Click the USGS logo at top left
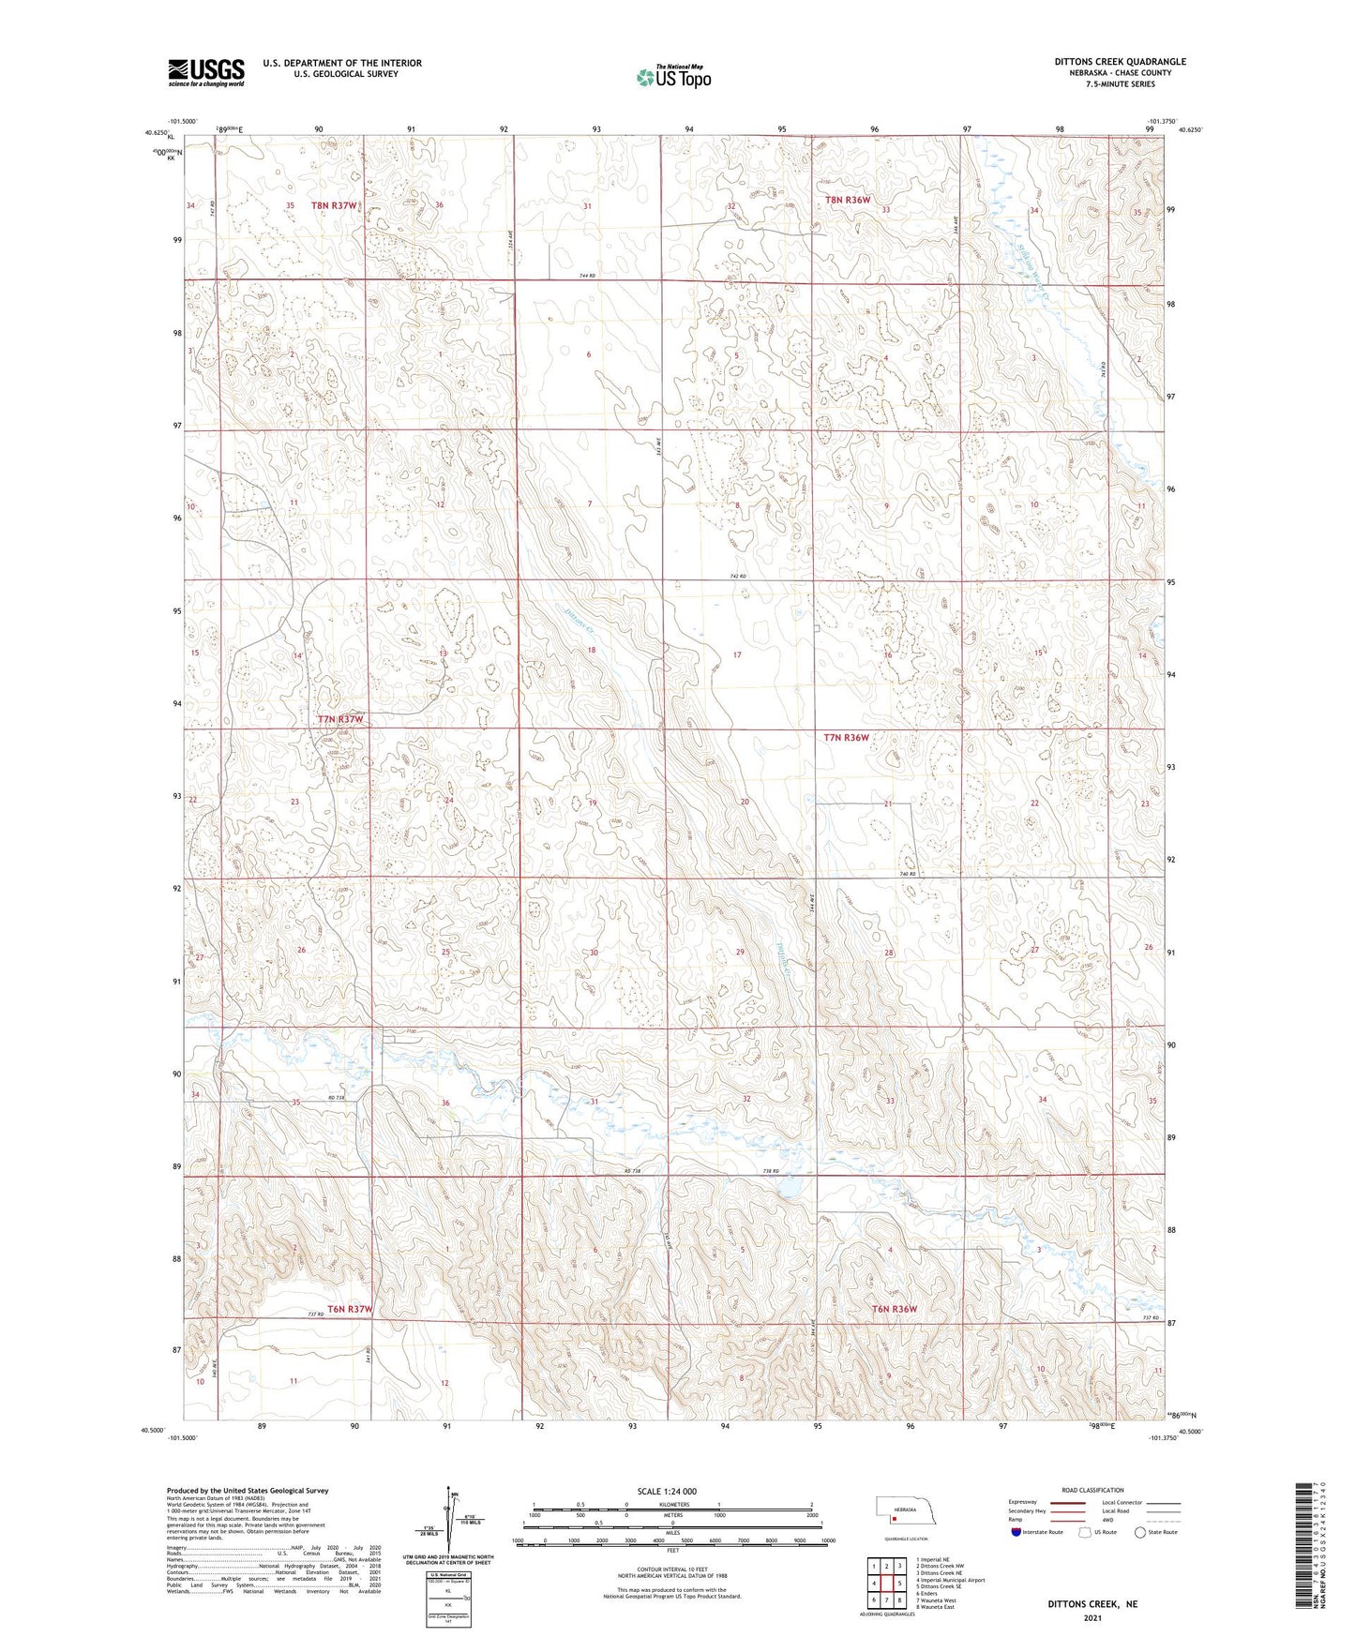pyautogui.click(x=205, y=72)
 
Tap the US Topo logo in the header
pyautogui.click(x=672, y=76)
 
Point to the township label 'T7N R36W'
pyautogui.click(x=847, y=738)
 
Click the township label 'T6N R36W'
pyautogui.click(x=894, y=1309)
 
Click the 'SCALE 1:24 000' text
pyautogui.click(x=666, y=1491)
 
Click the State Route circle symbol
pyautogui.click(x=1139, y=1532)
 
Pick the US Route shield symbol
pyautogui.click(x=1085, y=1532)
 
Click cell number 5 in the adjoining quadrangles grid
pyautogui.click(x=899, y=1584)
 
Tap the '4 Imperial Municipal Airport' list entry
pyautogui.click(x=950, y=1580)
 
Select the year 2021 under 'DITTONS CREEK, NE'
pyautogui.click(x=1092, y=1618)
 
